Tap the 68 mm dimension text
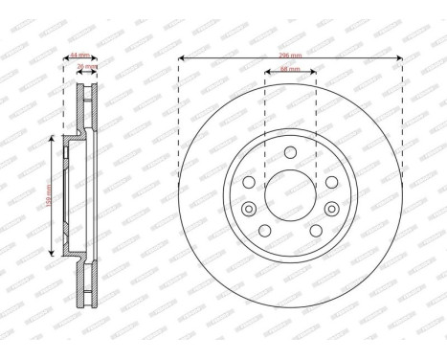[290, 70]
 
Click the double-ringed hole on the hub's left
[249, 211]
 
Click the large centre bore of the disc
[290, 197]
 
